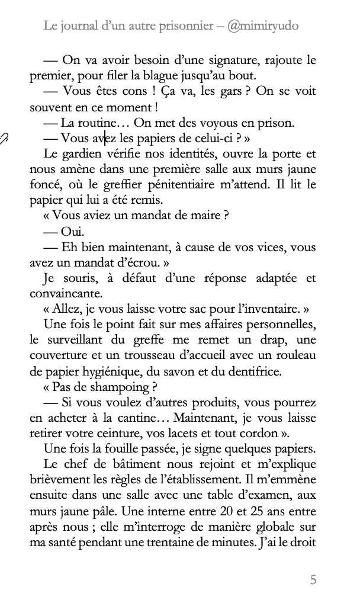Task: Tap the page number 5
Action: (313, 579)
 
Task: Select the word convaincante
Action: (66, 293)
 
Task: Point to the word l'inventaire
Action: (272, 309)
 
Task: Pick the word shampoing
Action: (114, 387)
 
